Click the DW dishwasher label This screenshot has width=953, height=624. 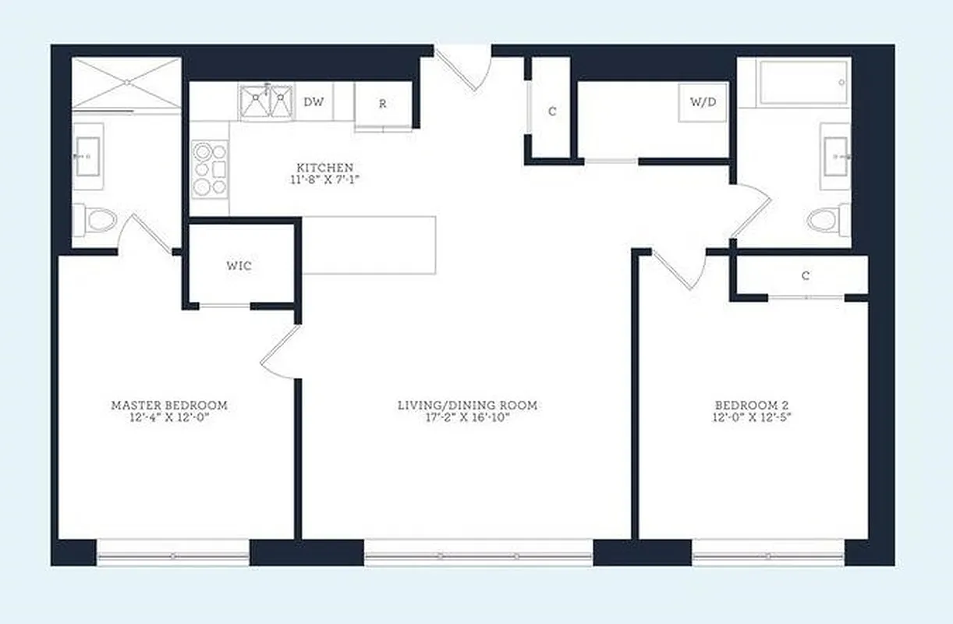[314, 101]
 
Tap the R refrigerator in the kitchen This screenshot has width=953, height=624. [383, 103]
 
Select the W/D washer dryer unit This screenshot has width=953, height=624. [703, 102]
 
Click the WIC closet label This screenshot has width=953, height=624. [239, 266]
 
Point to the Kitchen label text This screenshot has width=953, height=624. [324, 168]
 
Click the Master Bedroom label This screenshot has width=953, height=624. [169, 406]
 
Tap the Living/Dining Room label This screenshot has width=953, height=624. [467, 406]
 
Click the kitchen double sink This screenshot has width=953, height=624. [266, 102]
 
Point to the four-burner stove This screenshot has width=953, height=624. [210, 168]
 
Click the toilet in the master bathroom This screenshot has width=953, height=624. [95, 220]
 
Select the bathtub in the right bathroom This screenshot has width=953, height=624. [803, 83]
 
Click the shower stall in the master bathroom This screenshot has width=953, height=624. [126, 83]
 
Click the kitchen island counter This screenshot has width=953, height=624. [368, 245]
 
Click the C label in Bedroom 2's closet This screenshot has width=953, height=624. [806, 276]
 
